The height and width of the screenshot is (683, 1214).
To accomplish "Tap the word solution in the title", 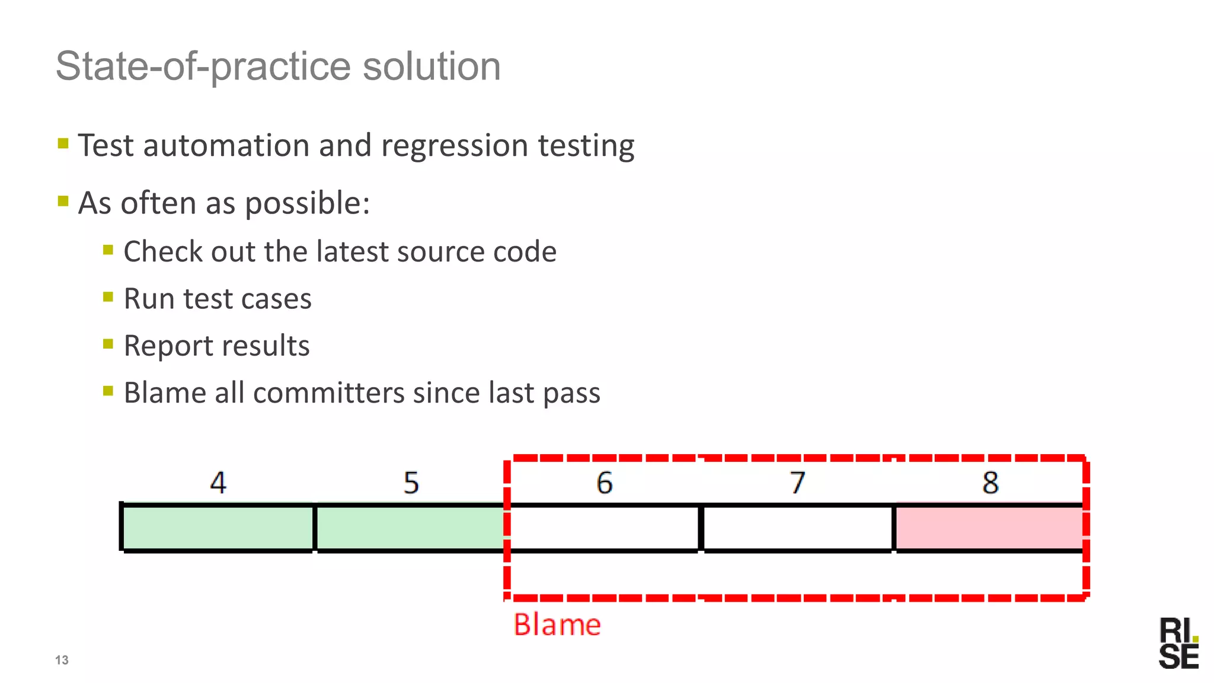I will (x=432, y=66).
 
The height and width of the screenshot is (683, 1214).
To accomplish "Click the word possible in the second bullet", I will (x=306, y=203).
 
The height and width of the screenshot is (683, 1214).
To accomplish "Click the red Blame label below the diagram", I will (x=557, y=625).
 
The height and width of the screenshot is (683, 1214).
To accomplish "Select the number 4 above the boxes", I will (x=218, y=483).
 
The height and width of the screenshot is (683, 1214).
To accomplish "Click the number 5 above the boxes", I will (x=411, y=483).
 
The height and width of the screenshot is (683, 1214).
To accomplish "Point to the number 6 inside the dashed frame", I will (x=604, y=483).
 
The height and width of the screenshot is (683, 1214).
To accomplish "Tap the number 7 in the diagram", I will (x=798, y=483).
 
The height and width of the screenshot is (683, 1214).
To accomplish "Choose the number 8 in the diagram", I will (x=990, y=483).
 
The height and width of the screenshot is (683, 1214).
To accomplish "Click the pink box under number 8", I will (x=989, y=528).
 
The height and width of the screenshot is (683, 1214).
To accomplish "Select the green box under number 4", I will (x=218, y=528).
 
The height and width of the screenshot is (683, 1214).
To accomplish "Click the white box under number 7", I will (x=797, y=528).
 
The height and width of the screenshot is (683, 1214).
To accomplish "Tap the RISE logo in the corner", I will (x=1178, y=643).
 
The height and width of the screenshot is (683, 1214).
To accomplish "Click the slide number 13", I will (x=62, y=660).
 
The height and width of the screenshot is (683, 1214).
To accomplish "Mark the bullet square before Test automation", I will (x=63, y=143).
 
